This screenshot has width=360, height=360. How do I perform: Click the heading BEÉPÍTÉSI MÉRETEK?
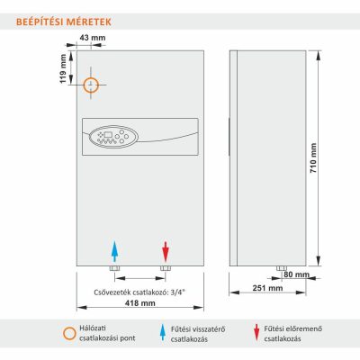point(64,22)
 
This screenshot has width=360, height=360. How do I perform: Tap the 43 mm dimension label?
point(93,38)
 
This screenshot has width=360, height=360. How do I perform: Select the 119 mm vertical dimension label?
point(63,68)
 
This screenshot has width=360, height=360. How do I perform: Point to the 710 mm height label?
point(313,157)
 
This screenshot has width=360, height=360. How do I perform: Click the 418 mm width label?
point(140,303)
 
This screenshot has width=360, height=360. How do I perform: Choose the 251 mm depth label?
point(267,288)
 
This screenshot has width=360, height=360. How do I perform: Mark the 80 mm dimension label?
point(296,274)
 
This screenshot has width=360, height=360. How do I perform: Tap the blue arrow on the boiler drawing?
point(114,252)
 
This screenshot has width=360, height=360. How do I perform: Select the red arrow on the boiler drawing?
point(166,252)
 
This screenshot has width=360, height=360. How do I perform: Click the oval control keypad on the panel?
point(113,137)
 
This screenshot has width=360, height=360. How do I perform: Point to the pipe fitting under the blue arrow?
point(114,268)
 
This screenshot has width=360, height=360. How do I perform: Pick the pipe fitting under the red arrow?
point(166,268)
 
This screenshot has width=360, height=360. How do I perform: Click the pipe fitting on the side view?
point(282,268)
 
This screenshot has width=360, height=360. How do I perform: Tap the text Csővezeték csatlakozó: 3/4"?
point(139,292)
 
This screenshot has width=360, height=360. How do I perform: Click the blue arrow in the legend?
point(163,332)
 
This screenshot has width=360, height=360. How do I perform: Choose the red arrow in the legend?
point(256,332)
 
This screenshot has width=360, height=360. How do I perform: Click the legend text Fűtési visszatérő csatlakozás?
point(198,334)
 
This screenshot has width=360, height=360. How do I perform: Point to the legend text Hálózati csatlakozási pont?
point(107,333)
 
